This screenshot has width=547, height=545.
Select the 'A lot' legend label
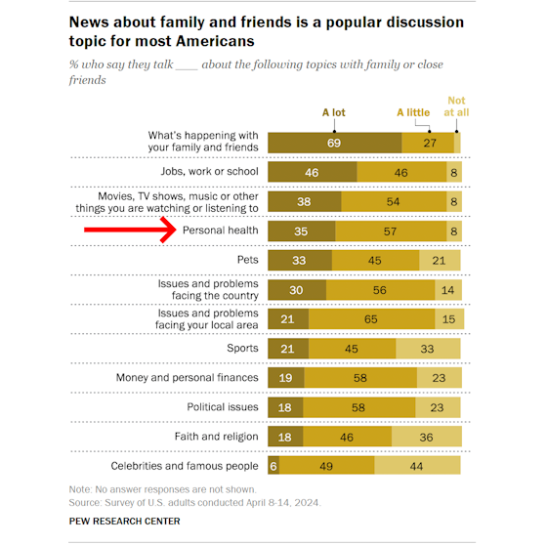click(334, 112)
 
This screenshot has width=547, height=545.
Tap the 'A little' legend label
click(413, 112)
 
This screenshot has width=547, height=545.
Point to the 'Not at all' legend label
click(456, 106)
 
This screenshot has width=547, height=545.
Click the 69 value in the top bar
click(334, 142)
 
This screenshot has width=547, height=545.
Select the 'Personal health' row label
click(221, 231)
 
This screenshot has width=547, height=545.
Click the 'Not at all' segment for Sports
click(428, 348)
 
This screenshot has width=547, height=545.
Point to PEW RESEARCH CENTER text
click(124, 523)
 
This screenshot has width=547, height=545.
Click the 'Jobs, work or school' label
click(209, 171)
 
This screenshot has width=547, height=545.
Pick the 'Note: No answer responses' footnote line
click(162, 488)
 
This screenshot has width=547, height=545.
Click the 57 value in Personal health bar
click(391, 231)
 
